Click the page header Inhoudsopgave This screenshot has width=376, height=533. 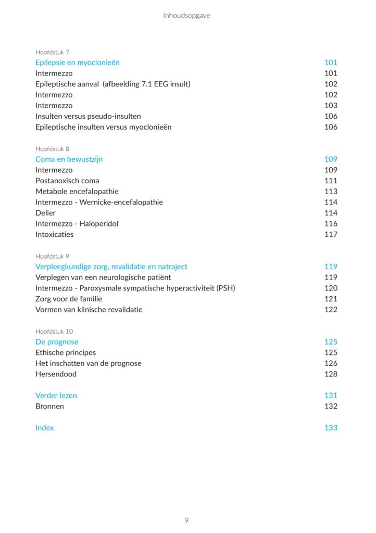[186, 16]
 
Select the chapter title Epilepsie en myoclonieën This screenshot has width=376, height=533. [78, 62]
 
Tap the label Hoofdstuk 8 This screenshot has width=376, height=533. [52, 149]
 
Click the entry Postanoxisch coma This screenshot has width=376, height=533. [67, 181]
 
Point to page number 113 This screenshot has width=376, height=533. [331, 192]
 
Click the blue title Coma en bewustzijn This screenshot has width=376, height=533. [69, 159]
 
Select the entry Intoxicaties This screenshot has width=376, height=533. [54, 234]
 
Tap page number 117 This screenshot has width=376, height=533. [331, 234]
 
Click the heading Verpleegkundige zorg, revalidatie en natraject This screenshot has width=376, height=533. [111, 266]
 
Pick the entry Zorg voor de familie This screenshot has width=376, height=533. [69, 299]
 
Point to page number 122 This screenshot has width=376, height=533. [331, 310]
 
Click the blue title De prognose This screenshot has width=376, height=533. [57, 342]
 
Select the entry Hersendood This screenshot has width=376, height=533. [56, 374]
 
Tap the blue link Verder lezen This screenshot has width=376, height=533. [56, 396]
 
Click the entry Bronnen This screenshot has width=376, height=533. [49, 406]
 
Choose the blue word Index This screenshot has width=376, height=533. [44, 428]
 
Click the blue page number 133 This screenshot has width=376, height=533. [331, 428]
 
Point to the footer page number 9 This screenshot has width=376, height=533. [186, 520]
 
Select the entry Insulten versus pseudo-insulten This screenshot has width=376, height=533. [88, 116]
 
